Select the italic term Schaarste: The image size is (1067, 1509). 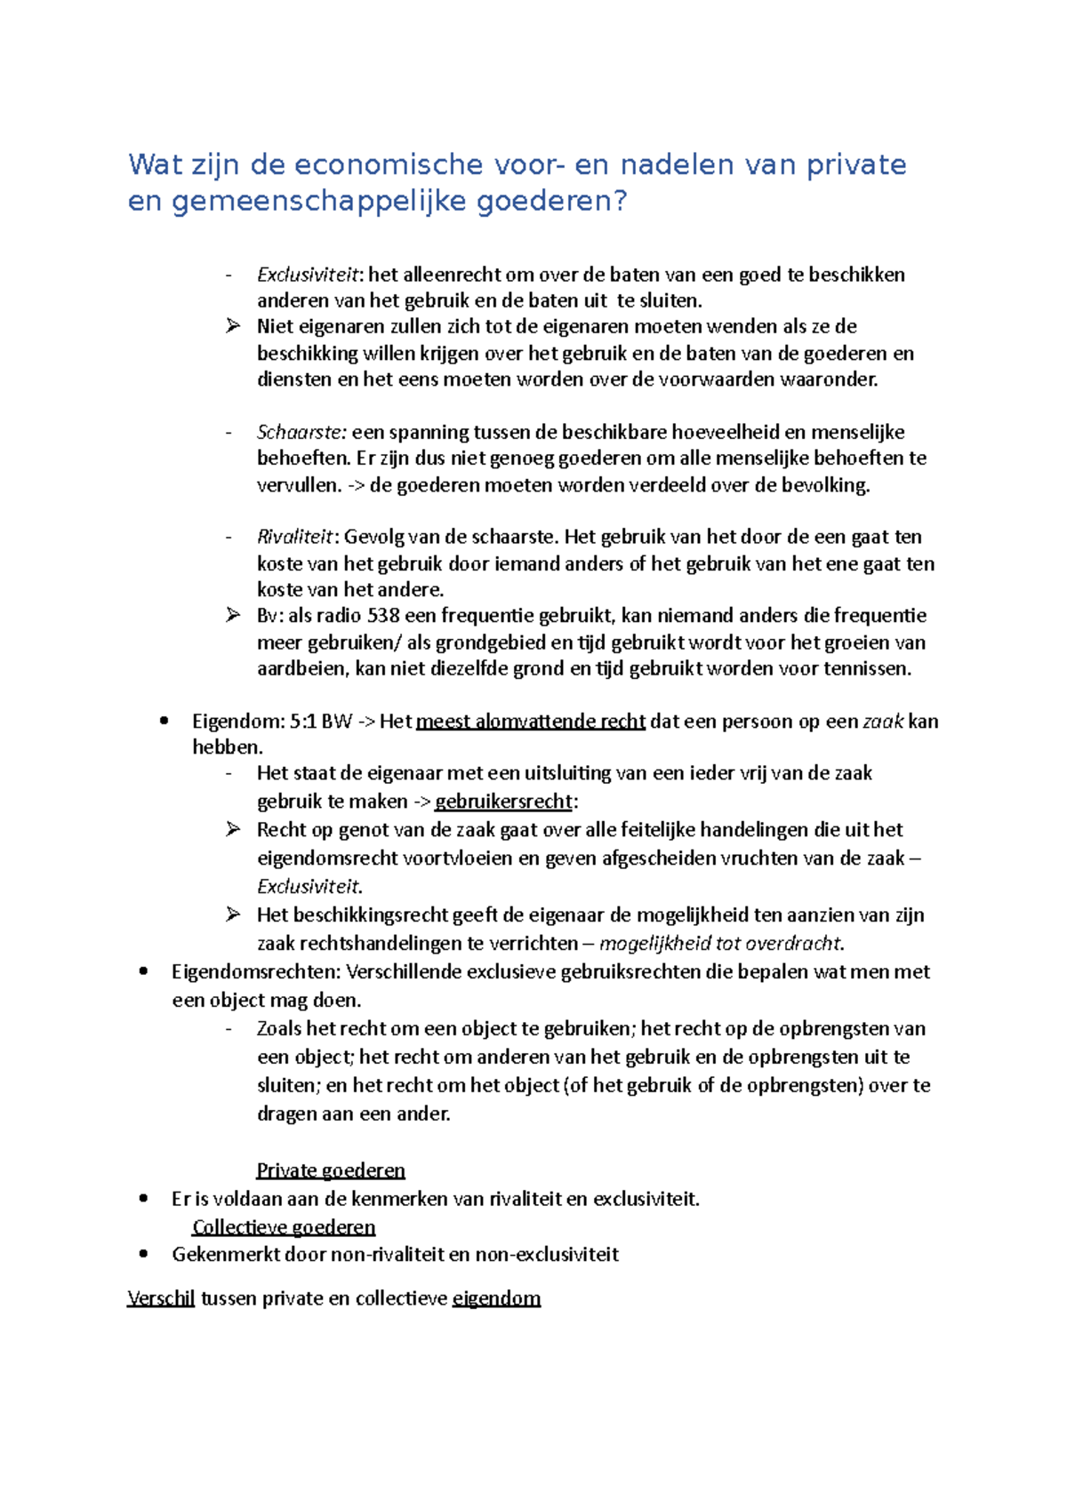(301, 433)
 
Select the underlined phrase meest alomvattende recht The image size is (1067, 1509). (530, 722)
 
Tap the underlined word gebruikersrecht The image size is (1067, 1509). (503, 802)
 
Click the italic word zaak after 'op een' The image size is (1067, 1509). (884, 722)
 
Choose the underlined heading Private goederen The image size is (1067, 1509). (331, 1170)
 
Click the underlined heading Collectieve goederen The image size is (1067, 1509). (284, 1227)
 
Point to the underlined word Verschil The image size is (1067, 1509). (161, 1298)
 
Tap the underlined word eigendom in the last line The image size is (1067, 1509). (496, 1298)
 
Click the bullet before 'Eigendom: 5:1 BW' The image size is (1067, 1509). (164, 721)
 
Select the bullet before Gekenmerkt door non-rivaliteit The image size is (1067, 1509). (143, 1254)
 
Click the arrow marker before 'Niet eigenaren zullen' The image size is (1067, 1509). (233, 326)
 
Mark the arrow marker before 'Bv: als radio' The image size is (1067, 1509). (233, 615)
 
